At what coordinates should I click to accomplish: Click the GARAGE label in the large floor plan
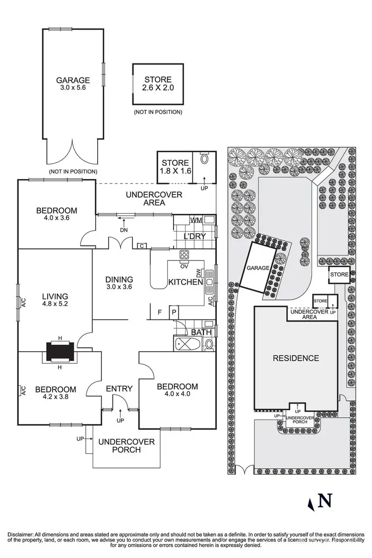pyautogui.click(x=73, y=80)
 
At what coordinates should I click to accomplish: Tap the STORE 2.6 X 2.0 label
pyautogui.click(x=158, y=79)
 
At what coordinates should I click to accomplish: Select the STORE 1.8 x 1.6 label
pyautogui.click(x=175, y=163)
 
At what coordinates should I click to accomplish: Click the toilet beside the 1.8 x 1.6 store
pyautogui.click(x=205, y=160)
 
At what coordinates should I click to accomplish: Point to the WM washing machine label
pyautogui.click(x=195, y=220)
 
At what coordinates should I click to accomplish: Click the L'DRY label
pyautogui.click(x=194, y=236)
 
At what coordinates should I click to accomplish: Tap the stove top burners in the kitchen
pyautogui.click(x=184, y=255)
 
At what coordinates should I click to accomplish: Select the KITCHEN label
pyautogui.click(x=186, y=282)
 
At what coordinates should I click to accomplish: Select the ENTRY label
pyautogui.click(x=119, y=388)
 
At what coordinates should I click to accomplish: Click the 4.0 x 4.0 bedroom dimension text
pyautogui.click(x=177, y=395)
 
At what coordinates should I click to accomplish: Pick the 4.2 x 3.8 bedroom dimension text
pyautogui.click(x=55, y=398)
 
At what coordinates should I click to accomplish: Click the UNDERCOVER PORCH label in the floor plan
pyautogui.click(x=126, y=445)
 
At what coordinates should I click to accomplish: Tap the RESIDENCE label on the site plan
pyautogui.click(x=295, y=358)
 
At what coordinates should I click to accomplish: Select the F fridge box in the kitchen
pyautogui.click(x=159, y=312)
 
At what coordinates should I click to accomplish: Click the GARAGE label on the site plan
pyautogui.click(x=257, y=268)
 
